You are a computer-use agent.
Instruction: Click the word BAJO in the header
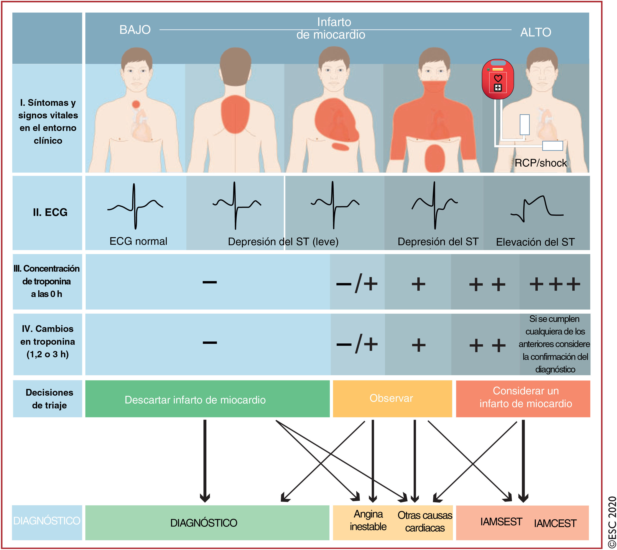tap(135, 30)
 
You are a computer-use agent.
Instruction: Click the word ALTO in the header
tap(535, 32)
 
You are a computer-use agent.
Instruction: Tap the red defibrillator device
tap(498, 79)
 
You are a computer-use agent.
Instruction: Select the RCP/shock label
tap(540, 163)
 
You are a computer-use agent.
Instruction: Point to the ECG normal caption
tap(138, 241)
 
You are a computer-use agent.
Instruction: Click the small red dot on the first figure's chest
tap(136, 104)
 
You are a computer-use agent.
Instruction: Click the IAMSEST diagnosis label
tap(501, 522)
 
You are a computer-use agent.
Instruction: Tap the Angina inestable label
tap(368, 520)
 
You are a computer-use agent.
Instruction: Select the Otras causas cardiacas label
tap(425, 522)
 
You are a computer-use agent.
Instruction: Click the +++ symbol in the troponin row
tap(555, 284)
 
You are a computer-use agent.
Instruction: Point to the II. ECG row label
tap(50, 212)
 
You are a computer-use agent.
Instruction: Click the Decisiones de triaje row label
tap(49, 399)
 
